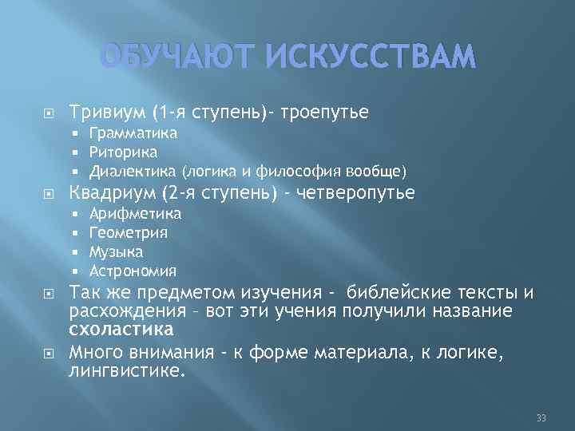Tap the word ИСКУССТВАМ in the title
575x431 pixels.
click(x=364, y=57)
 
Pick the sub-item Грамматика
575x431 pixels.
click(x=133, y=132)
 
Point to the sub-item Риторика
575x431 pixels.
click(x=124, y=152)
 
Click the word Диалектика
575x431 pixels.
click(x=133, y=171)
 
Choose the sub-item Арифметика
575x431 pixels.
click(x=136, y=213)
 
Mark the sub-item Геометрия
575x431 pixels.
click(x=129, y=232)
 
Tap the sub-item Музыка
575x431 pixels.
click(x=117, y=251)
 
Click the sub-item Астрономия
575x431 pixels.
click(x=133, y=271)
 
